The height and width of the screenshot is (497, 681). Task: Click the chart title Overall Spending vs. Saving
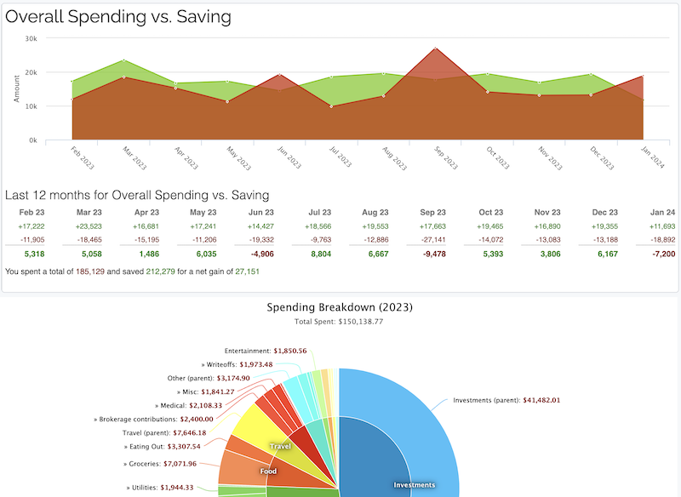pyautogui.click(x=118, y=16)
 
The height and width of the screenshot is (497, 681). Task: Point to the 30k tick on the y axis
pyautogui.click(x=31, y=38)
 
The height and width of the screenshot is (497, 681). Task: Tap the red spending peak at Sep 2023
pyautogui.click(x=436, y=49)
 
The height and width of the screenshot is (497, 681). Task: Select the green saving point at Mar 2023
pyautogui.click(x=124, y=60)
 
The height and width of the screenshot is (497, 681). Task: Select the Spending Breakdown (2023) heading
pyautogui.click(x=340, y=307)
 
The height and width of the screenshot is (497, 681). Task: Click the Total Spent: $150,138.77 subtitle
pyautogui.click(x=340, y=323)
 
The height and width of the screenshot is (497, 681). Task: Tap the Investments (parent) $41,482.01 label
pyautogui.click(x=506, y=400)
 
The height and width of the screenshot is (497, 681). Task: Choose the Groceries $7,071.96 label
pyautogui.click(x=162, y=465)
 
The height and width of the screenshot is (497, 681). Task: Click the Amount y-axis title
pyautogui.click(x=16, y=89)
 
